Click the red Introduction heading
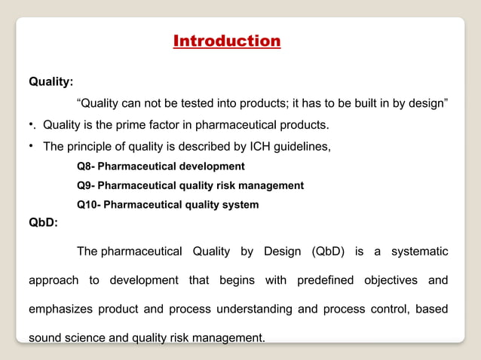click(x=227, y=41)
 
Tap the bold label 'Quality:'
click(x=51, y=81)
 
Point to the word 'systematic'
click(x=418, y=251)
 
